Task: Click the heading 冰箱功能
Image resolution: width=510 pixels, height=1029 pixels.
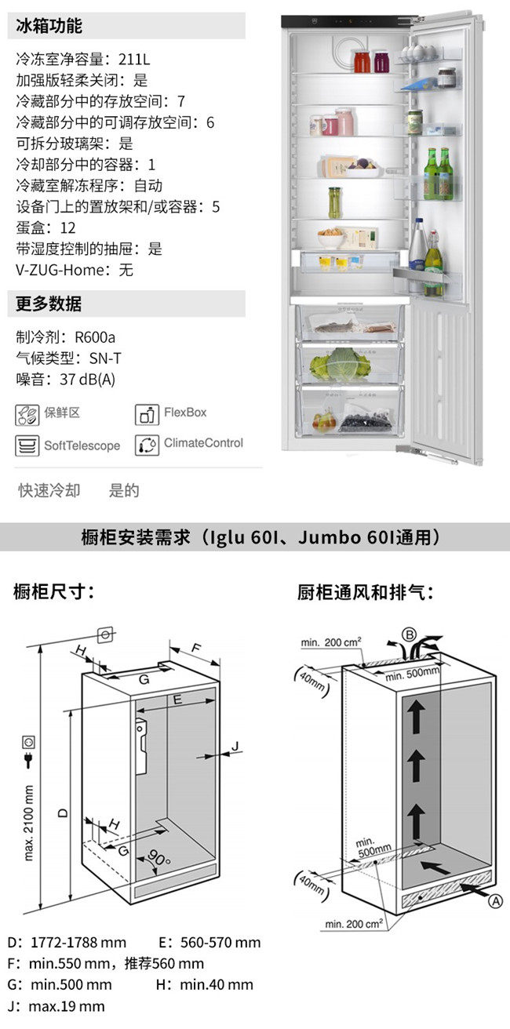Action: tap(49, 26)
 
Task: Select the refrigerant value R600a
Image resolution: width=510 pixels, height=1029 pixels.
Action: tap(95, 338)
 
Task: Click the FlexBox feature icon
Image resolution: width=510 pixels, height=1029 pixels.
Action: tap(147, 413)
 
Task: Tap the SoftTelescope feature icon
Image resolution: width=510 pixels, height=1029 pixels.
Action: tap(27, 445)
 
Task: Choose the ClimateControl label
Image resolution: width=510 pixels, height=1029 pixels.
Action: tap(203, 443)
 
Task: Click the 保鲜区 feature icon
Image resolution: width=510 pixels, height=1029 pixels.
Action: tap(27, 413)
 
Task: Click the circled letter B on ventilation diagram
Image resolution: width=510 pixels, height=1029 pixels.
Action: tap(409, 634)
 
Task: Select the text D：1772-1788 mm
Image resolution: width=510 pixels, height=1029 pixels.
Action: tap(67, 942)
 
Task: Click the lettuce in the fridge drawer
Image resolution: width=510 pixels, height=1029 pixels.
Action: tap(342, 362)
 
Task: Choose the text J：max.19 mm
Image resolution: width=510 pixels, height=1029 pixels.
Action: tap(56, 1006)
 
